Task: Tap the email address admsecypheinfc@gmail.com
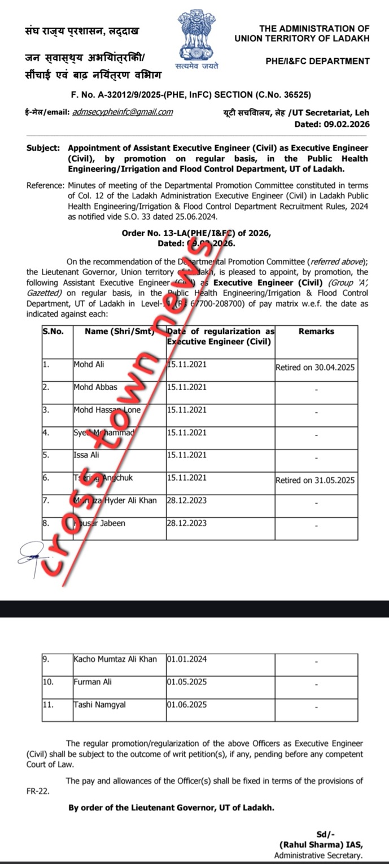click(123, 112)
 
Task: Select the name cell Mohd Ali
click(89, 364)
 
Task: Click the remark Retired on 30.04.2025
click(315, 368)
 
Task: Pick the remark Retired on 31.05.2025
click(315, 481)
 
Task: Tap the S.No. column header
click(53, 331)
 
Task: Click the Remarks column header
click(316, 331)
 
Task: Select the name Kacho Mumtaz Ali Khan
click(115, 659)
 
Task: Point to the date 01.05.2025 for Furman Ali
click(187, 682)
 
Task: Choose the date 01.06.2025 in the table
click(187, 704)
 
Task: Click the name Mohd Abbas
click(95, 387)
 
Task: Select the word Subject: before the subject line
click(43, 148)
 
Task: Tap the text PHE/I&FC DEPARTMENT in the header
click(317, 61)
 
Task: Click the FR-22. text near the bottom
click(38, 791)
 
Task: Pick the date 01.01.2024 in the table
click(187, 659)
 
